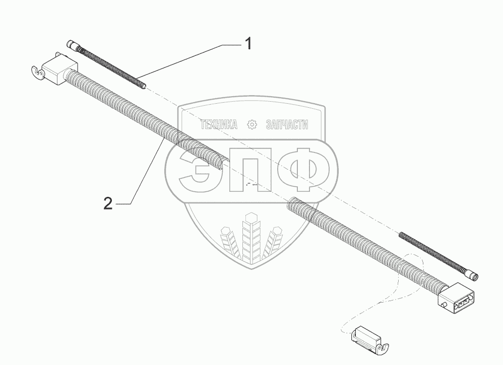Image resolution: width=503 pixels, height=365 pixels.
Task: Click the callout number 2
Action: tap(108, 204)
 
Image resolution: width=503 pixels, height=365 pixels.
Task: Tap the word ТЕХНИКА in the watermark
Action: tap(219, 125)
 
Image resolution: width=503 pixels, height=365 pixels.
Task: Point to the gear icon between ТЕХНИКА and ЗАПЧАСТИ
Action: tap(252, 125)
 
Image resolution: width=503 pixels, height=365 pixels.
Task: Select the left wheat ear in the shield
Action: tap(230, 242)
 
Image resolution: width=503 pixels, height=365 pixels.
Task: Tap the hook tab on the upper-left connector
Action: tap(35, 73)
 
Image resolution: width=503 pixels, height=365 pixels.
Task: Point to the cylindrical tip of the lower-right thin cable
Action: tap(473, 275)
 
